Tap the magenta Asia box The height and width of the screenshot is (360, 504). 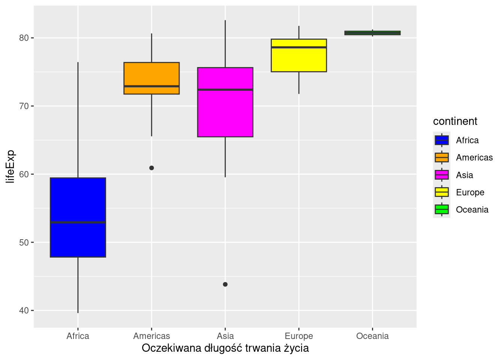[225, 112]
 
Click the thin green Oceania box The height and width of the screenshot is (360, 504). [372, 33]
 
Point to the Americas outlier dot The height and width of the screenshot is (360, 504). [151, 168]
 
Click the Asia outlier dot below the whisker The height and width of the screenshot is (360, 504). [225, 284]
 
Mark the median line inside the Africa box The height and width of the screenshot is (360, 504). [78, 222]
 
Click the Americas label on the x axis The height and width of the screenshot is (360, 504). [151, 336]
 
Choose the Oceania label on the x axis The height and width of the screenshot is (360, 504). [372, 336]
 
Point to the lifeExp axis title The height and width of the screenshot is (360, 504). [10, 166]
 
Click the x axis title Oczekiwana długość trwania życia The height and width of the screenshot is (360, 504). [225, 348]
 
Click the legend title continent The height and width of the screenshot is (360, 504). [455, 121]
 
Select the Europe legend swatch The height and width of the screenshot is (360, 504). [442, 192]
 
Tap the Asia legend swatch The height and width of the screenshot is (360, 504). [442, 175]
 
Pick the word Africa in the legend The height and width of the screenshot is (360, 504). [467, 140]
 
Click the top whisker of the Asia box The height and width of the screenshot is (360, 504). [225, 43]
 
